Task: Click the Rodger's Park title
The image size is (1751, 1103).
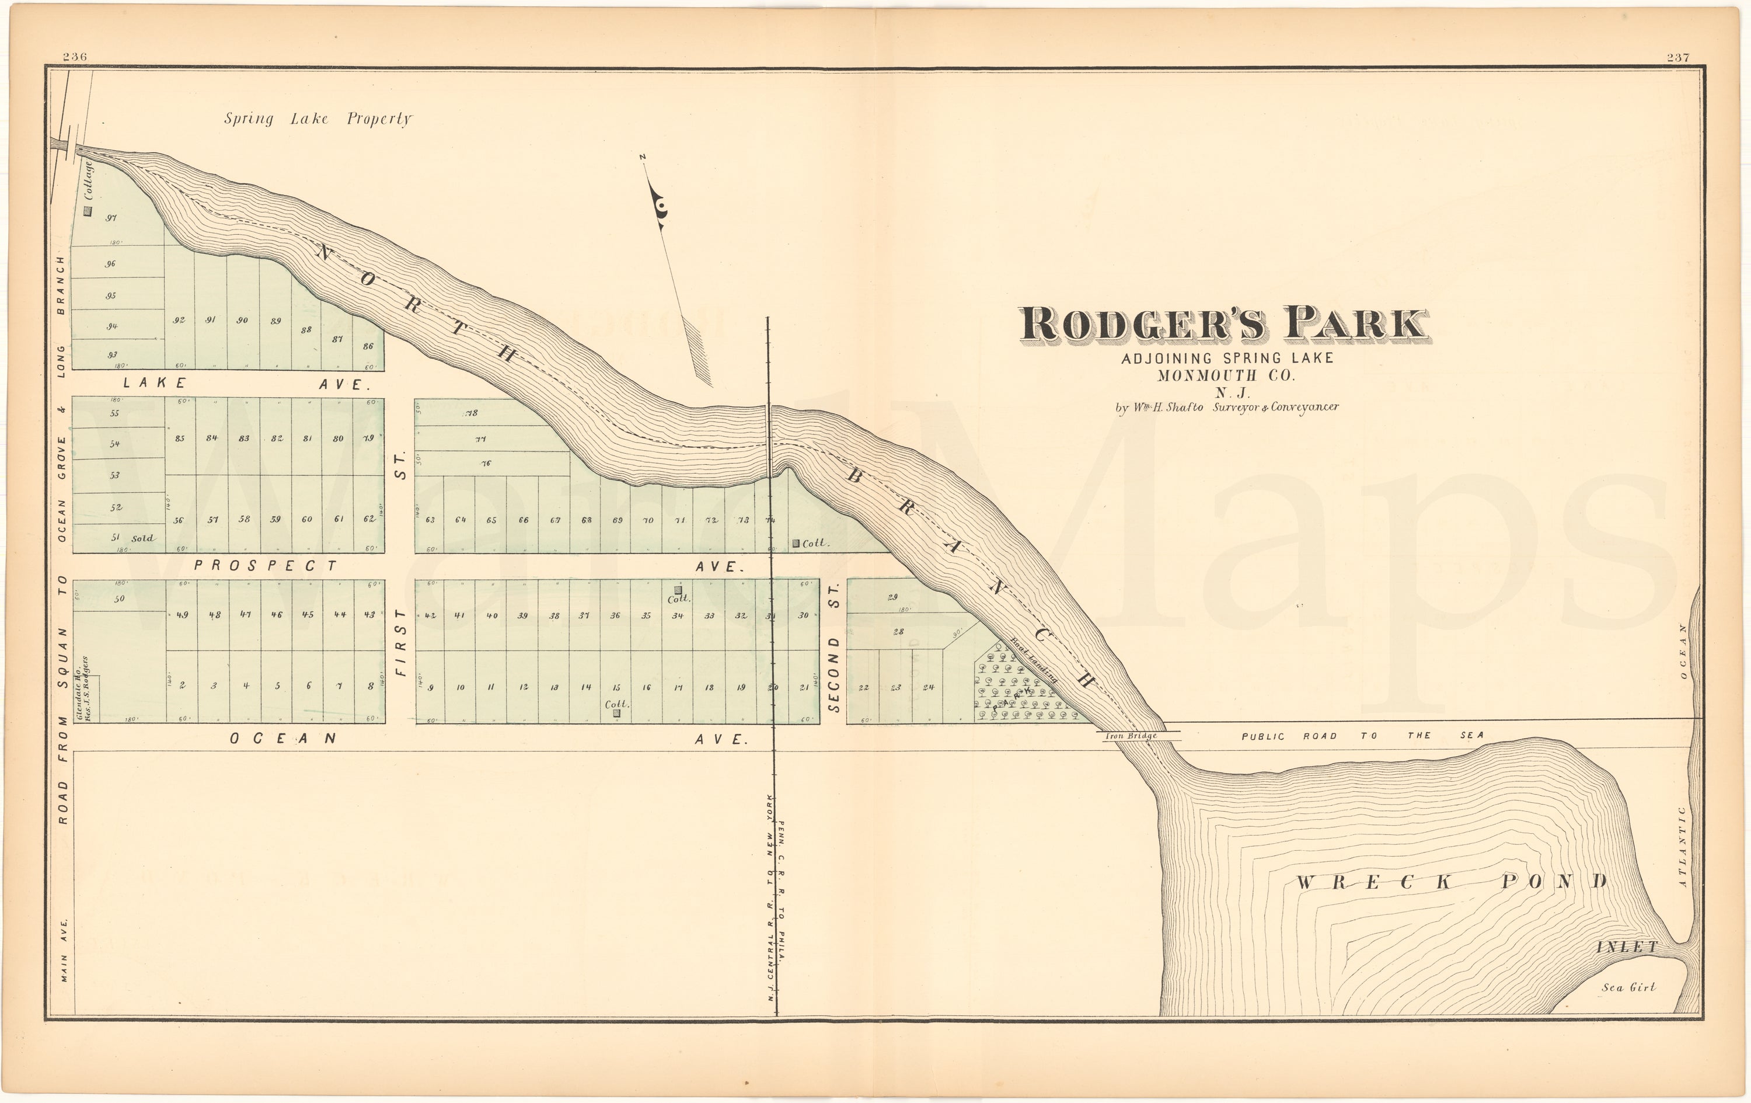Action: point(1224,325)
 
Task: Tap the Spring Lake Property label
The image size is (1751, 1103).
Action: point(317,119)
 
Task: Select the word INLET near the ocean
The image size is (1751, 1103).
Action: point(1627,947)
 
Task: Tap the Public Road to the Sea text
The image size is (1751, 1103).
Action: point(1362,736)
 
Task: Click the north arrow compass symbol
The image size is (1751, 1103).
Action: point(662,211)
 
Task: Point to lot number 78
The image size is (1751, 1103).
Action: point(471,413)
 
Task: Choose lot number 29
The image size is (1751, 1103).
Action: point(893,597)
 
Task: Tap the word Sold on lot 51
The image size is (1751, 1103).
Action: point(142,538)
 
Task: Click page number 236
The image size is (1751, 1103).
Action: point(74,57)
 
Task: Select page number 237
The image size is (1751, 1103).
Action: point(1677,57)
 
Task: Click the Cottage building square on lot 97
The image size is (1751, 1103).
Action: point(88,211)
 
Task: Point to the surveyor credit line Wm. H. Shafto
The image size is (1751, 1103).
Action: point(1227,408)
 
